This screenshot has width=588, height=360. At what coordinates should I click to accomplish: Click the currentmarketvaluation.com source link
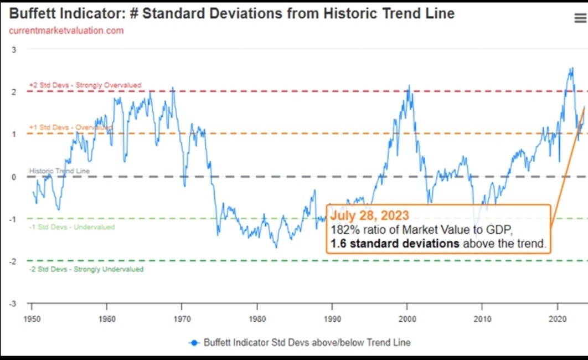66,30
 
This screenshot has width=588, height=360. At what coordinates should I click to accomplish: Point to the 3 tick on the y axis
14,49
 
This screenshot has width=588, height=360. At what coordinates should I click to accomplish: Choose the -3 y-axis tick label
13,304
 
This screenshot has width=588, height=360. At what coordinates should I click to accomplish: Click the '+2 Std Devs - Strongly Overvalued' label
85,85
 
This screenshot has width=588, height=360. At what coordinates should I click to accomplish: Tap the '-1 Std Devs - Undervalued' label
72,227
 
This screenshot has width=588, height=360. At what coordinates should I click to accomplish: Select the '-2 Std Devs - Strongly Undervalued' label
86,269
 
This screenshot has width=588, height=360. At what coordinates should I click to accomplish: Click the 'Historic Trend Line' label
59,171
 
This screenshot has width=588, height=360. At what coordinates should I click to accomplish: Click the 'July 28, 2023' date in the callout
370,215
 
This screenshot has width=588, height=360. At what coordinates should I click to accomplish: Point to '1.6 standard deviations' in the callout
393,244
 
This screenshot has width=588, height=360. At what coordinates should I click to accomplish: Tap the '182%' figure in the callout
342,229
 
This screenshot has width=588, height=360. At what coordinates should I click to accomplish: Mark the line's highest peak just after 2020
571,68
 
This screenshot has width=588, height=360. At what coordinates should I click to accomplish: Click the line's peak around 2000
409,86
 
